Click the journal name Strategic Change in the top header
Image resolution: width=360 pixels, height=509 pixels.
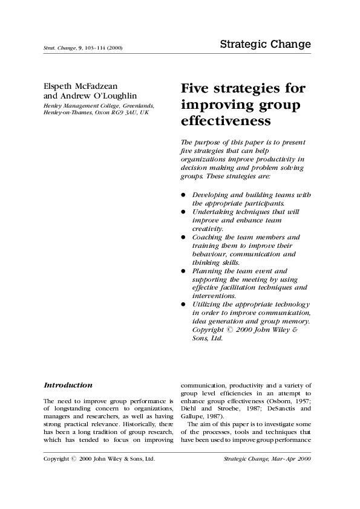265,45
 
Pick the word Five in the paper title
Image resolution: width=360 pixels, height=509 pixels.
197,89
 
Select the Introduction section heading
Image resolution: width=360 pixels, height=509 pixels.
68,385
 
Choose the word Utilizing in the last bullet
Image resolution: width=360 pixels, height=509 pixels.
208,304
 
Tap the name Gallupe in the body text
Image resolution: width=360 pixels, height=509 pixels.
195,426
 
